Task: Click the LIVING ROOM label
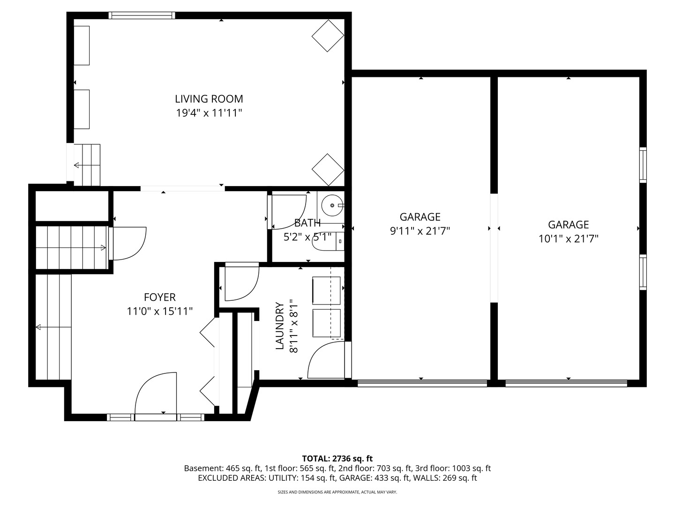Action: coord(209,99)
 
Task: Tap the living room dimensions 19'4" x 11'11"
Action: coord(209,113)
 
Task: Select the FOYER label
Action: coord(159,297)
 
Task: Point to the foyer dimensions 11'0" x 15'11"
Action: coord(159,311)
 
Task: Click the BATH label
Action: coord(307,223)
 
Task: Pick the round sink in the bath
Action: coord(332,205)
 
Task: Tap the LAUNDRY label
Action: coord(280,326)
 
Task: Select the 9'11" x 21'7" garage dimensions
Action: coord(420,231)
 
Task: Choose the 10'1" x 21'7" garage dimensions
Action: coord(568,239)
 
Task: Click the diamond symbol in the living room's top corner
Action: coord(328,36)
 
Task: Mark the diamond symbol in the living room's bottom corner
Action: coord(328,170)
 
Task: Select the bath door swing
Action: coord(287,211)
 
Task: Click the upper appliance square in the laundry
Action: coord(326,290)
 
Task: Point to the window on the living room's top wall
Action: coord(142,15)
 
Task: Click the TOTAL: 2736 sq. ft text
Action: coord(337,458)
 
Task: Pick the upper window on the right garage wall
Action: coord(643,164)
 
